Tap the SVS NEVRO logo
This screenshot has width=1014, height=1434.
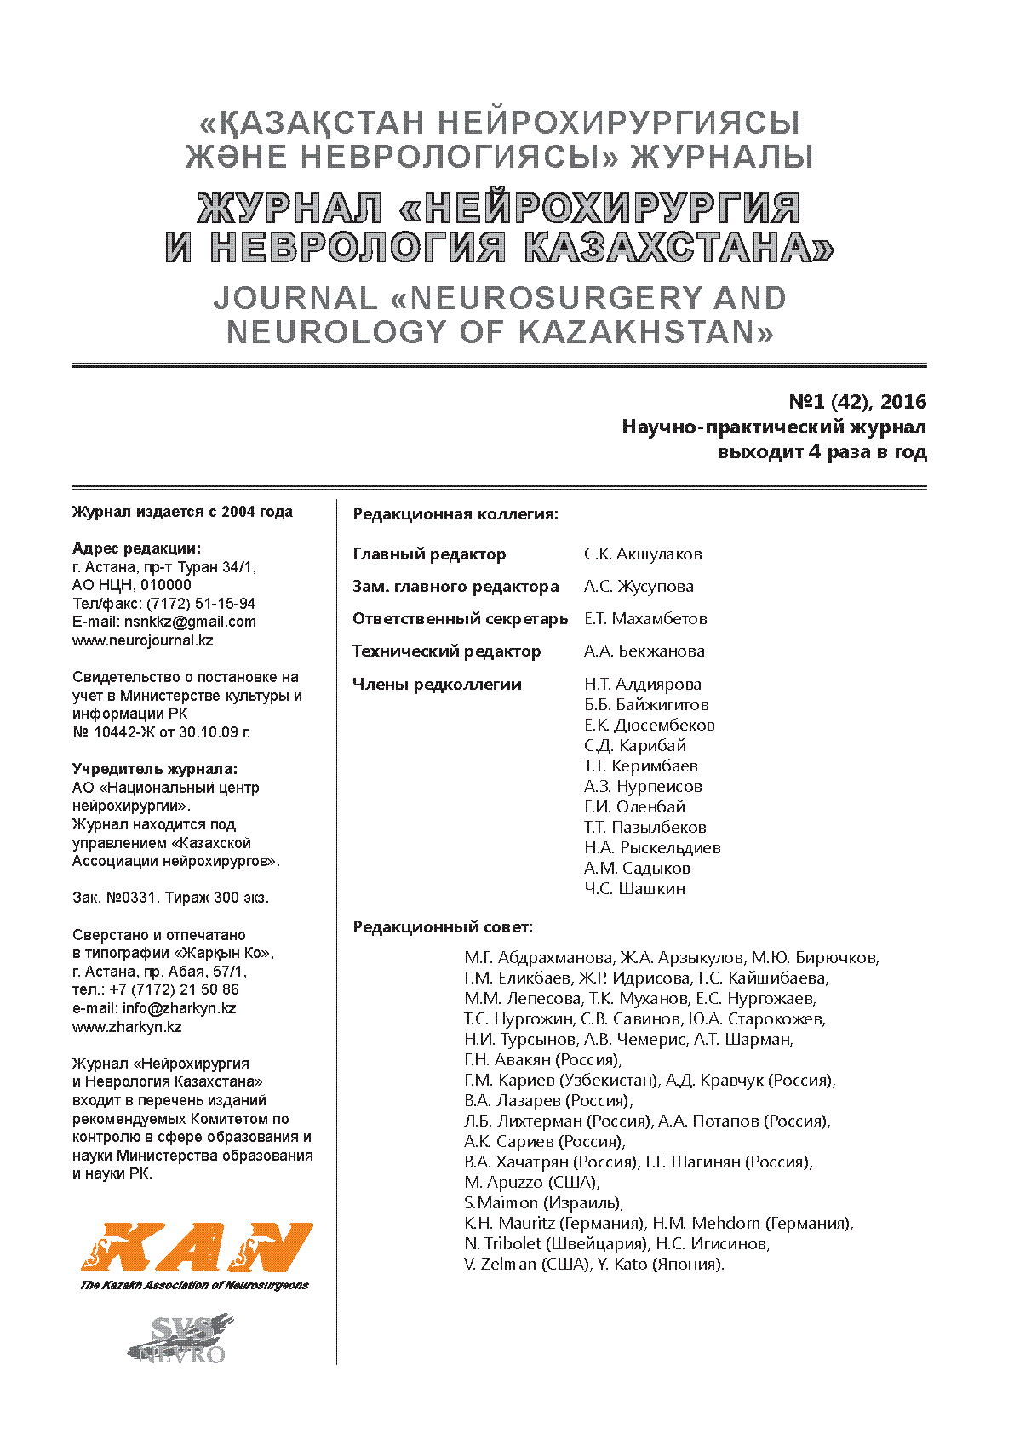pyautogui.click(x=180, y=1339)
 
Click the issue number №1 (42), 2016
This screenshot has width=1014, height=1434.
pyautogui.click(x=857, y=402)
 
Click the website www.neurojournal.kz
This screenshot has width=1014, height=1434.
pyautogui.click(x=142, y=640)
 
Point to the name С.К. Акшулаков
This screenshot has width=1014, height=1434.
pyautogui.click(x=643, y=554)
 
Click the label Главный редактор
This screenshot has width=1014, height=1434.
pyautogui.click(x=429, y=554)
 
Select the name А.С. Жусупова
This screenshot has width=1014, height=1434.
pyautogui.click(x=639, y=587)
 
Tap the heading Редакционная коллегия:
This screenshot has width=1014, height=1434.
pyautogui.click(x=455, y=514)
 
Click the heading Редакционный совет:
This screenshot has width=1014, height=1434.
pyautogui.click(x=443, y=927)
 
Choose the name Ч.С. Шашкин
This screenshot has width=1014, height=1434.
pyautogui.click(x=634, y=889)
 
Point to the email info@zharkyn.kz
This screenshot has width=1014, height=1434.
pyautogui.click(x=179, y=1008)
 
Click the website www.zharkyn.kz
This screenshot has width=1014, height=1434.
pyautogui.click(x=127, y=1027)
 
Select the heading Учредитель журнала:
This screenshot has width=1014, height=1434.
pyautogui.click(x=155, y=769)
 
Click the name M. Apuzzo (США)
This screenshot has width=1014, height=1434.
pyautogui.click(x=531, y=1183)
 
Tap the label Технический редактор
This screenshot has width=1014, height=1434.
pyautogui.click(x=446, y=651)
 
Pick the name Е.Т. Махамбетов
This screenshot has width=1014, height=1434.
pyautogui.click(x=645, y=619)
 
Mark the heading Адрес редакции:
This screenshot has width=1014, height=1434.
pyautogui.click(x=137, y=548)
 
